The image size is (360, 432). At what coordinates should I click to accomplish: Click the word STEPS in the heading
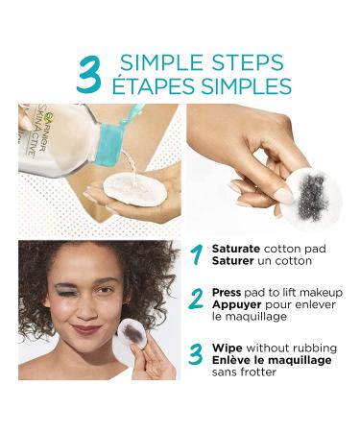tap(239, 63)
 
